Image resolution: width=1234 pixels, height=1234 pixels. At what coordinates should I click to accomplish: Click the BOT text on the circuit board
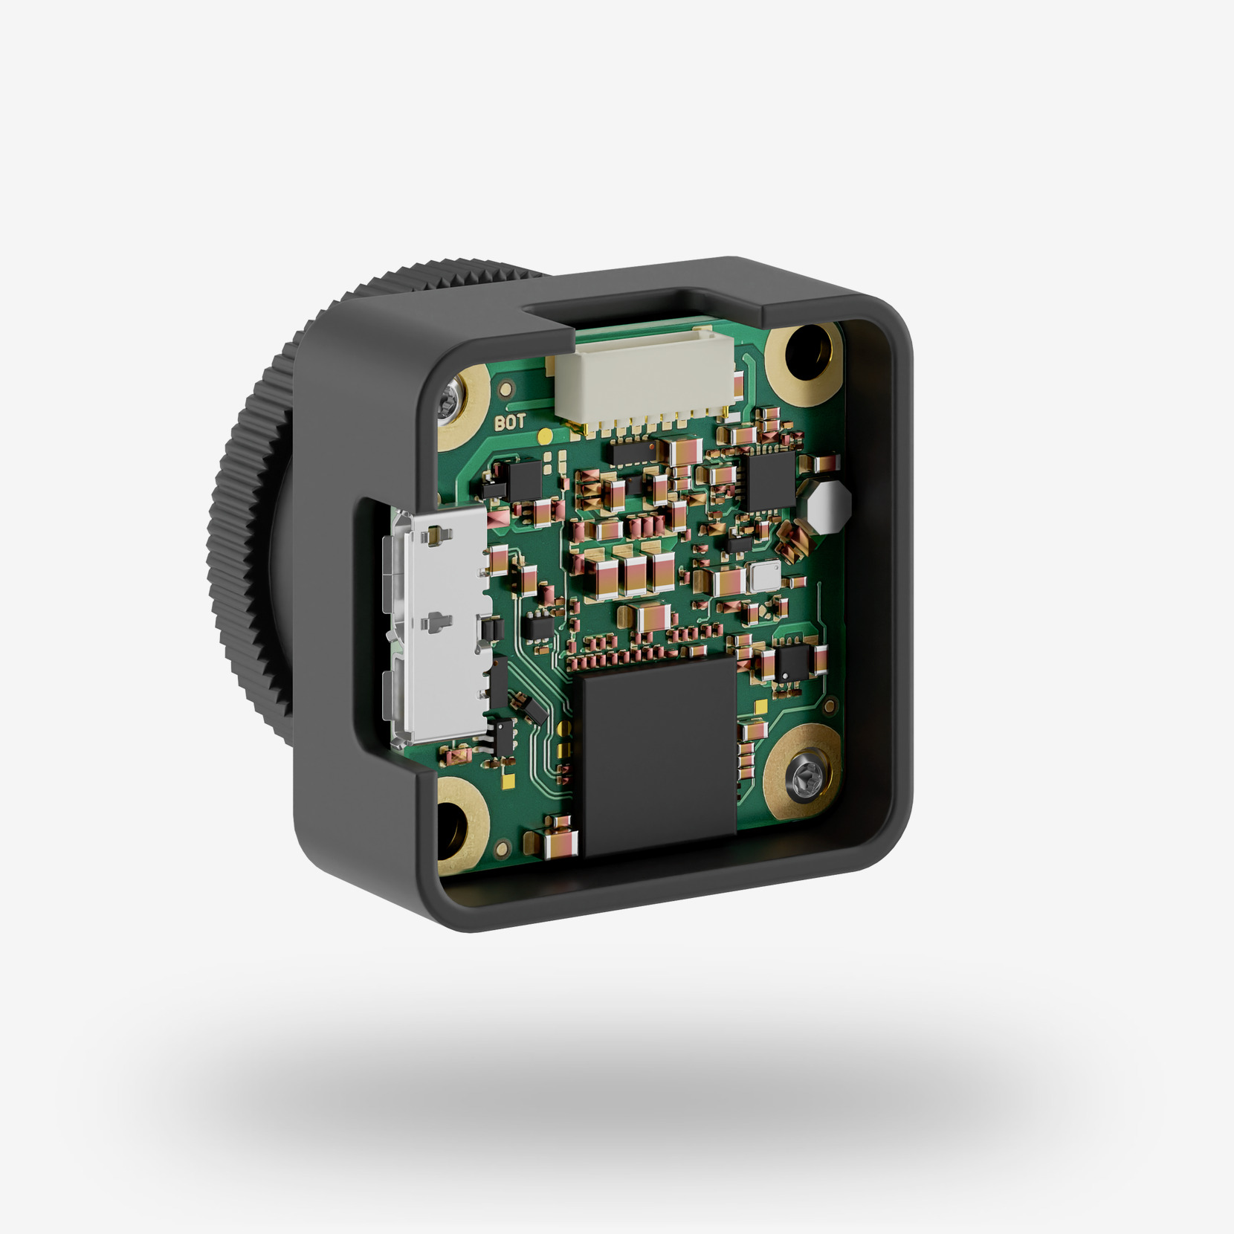[x=510, y=423]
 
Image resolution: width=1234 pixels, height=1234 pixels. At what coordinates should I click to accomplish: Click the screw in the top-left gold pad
[x=450, y=405]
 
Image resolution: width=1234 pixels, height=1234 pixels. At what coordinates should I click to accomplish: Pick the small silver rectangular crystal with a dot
[x=764, y=575]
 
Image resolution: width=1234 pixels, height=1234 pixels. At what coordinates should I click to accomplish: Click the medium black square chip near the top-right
[x=770, y=479]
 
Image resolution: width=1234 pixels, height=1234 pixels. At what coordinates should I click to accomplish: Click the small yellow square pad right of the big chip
[x=760, y=704]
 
